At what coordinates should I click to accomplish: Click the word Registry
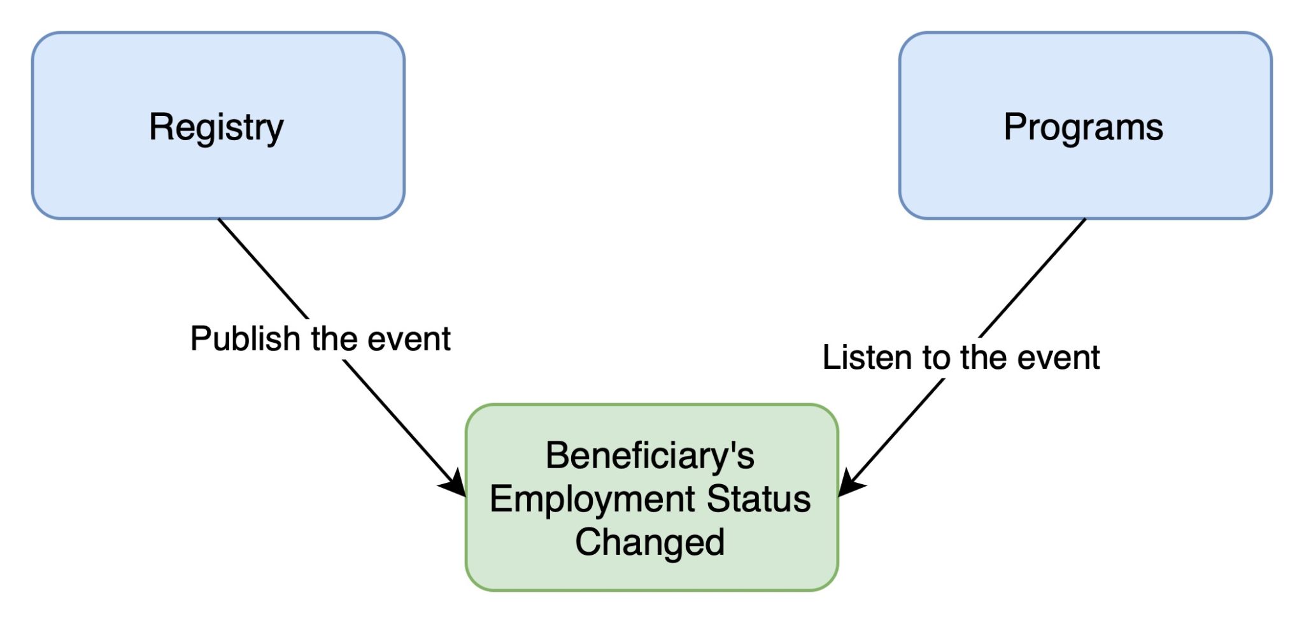coord(216,128)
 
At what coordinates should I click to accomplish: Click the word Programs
coord(1083,128)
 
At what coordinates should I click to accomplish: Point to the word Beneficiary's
coord(650,456)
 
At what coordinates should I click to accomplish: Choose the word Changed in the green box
coord(650,542)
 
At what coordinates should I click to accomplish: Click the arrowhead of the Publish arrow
coord(455,483)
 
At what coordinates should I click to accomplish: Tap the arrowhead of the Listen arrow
coord(851,483)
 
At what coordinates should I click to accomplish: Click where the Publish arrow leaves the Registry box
coord(218,219)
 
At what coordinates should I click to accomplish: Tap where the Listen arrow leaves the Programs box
coord(1085,219)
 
